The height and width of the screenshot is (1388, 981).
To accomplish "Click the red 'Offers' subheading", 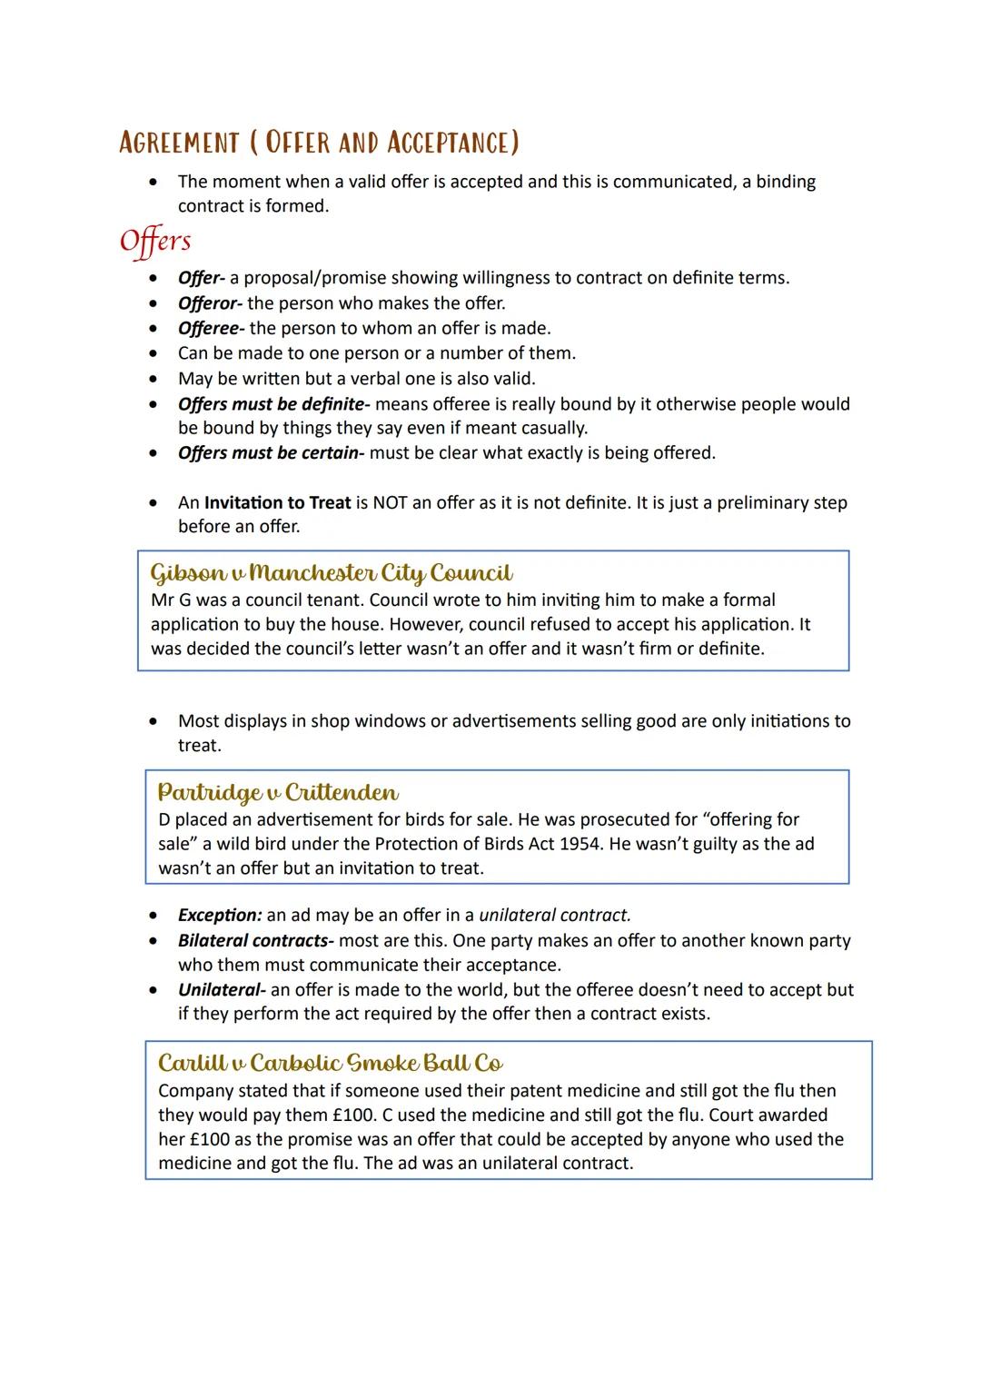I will (155, 241).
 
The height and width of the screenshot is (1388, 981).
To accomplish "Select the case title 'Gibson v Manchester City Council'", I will (332, 573).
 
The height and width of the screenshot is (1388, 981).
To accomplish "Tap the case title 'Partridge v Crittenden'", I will (278, 792).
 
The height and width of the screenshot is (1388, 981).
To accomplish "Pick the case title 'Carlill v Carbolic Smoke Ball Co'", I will (331, 1063).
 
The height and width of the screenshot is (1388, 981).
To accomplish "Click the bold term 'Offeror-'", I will (210, 303).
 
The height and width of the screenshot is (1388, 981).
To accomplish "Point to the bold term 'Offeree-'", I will (211, 328).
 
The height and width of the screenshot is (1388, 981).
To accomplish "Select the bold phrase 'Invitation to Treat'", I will (277, 502).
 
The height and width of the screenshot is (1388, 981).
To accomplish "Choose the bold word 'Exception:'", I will (220, 916).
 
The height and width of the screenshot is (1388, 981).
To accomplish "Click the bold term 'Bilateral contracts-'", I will (255, 940).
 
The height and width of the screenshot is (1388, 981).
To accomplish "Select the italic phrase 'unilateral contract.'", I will (555, 916).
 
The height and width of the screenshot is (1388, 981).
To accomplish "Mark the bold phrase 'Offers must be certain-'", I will (271, 452).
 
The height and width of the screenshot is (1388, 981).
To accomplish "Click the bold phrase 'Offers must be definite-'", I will (273, 403).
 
